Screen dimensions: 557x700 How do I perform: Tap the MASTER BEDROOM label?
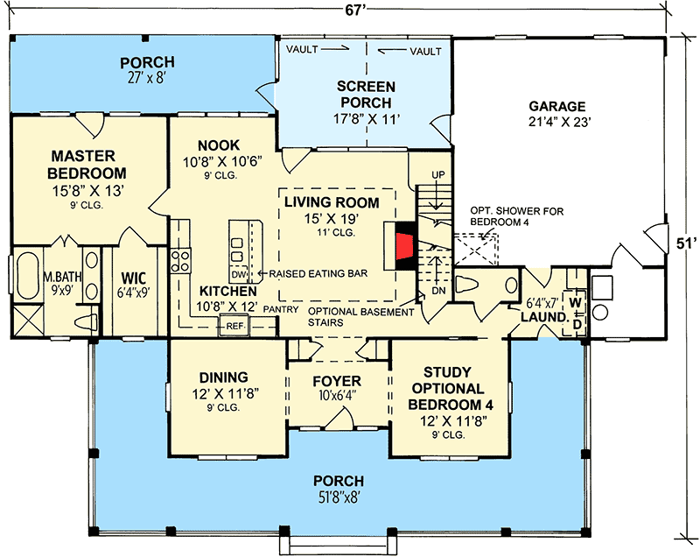(x=87, y=164)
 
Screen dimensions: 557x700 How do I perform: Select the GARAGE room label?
(x=556, y=107)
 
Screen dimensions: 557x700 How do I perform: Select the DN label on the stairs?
(x=440, y=288)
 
